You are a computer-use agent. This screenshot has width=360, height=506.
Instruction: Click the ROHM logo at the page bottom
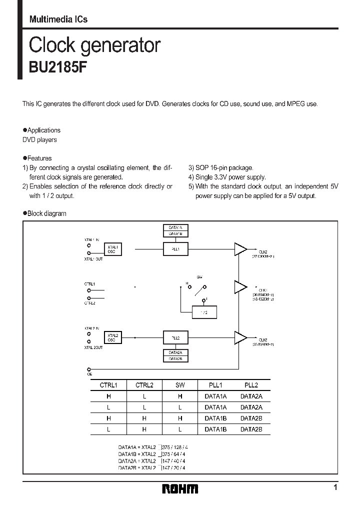(180, 488)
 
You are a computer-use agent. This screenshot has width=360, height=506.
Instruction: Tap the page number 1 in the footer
(335, 487)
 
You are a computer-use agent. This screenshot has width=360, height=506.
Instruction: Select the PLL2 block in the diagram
(175, 338)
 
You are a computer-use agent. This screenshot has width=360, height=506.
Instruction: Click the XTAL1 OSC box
(112, 249)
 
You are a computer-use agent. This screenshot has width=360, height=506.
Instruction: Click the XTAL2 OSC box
(111, 338)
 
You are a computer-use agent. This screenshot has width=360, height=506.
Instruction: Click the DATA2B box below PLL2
(175, 358)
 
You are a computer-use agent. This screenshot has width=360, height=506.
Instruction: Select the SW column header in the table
(180, 385)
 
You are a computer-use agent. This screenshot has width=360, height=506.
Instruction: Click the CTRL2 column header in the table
(144, 385)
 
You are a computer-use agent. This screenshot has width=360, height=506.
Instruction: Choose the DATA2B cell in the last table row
(251, 429)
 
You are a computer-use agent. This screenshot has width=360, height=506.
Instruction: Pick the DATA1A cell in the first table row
(215, 396)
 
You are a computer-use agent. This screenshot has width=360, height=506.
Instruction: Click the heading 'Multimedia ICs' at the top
(58, 19)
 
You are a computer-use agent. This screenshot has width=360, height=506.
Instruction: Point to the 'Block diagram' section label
(46, 213)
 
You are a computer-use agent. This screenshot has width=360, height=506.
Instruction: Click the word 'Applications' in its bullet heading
(44, 130)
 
